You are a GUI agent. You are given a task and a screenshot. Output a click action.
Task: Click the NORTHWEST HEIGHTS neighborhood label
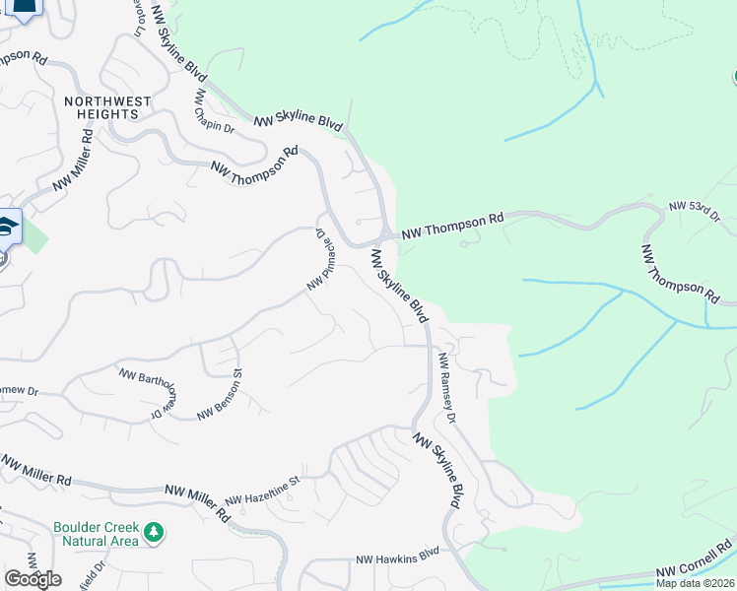[107, 107]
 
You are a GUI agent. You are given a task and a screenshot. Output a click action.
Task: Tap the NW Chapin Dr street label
[214, 113]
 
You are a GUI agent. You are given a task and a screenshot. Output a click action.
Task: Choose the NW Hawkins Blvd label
[397, 558]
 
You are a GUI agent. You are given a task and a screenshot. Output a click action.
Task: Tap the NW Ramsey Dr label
[447, 388]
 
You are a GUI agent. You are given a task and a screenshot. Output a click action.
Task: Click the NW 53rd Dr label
[694, 211]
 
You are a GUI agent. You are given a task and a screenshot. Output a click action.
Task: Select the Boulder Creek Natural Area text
[97, 533]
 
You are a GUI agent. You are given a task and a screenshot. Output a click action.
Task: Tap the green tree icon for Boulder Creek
[153, 533]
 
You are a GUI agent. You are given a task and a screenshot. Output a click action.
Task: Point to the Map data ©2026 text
[695, 583]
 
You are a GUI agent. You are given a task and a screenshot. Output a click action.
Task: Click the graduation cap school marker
[7, 227]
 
